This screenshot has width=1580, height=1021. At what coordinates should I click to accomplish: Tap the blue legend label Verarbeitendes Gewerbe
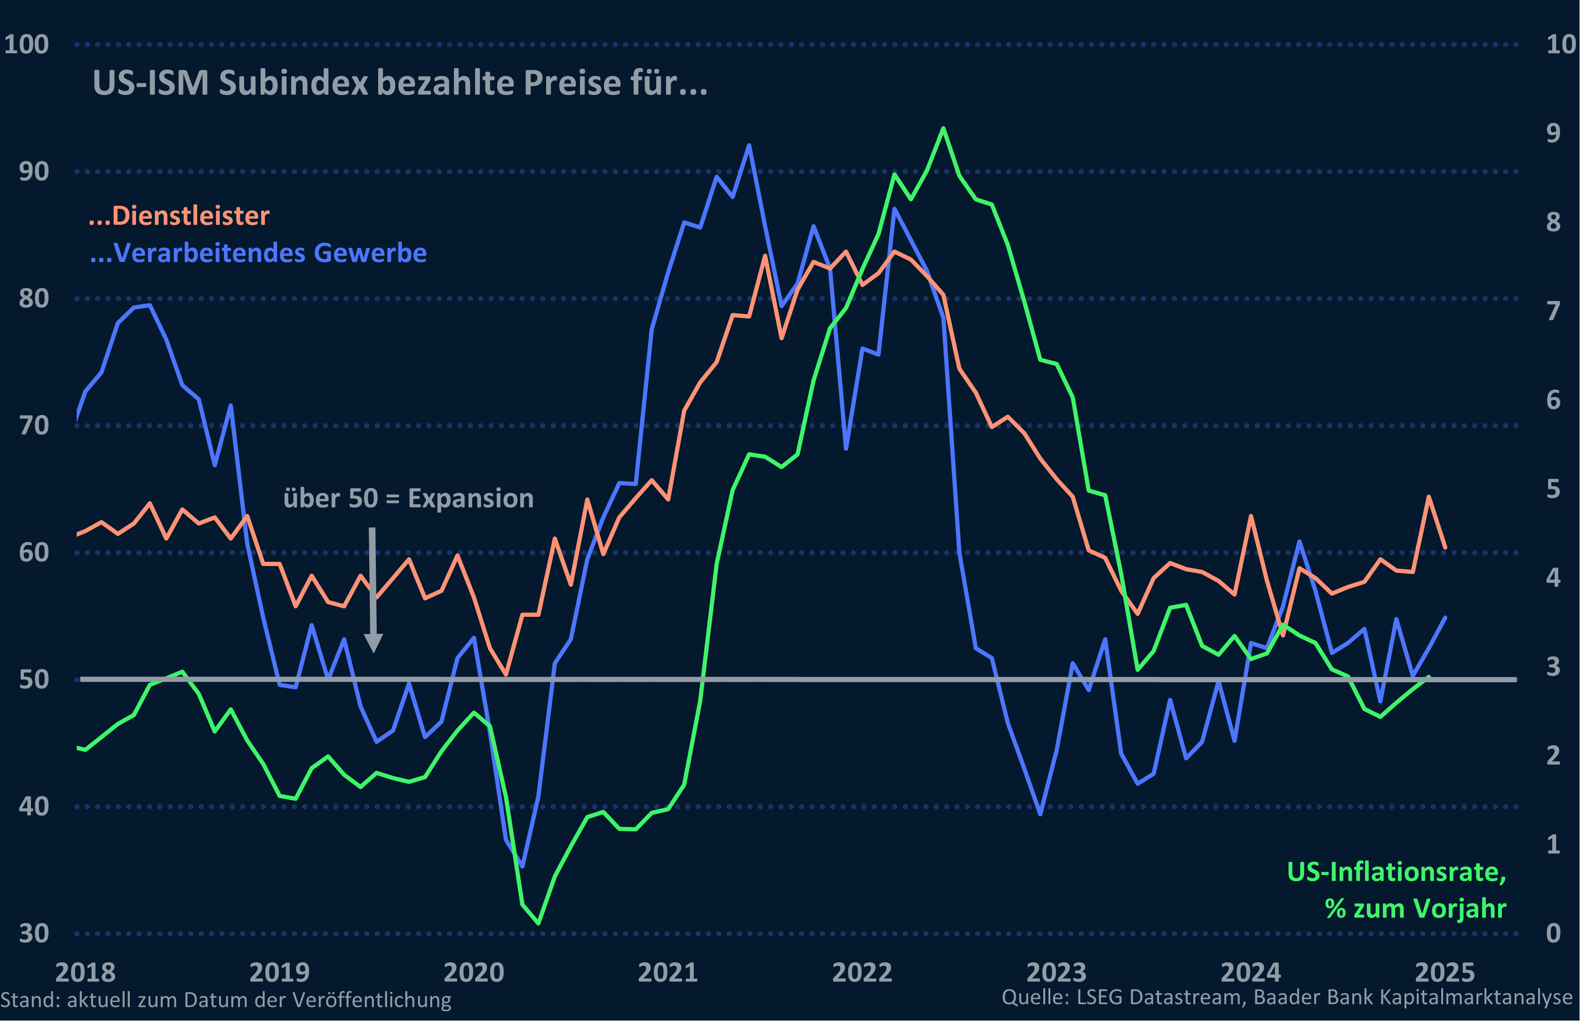click(259, 253)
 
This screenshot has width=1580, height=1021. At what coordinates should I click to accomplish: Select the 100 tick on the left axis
click(26, 44)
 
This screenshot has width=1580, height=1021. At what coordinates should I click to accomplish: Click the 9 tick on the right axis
click(1553, 133)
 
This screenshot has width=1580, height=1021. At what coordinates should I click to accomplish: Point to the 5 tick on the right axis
click(1553, 489)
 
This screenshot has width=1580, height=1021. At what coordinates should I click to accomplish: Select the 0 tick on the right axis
click(1553, 933)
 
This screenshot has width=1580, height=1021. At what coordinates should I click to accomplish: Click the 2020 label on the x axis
click(473, 973)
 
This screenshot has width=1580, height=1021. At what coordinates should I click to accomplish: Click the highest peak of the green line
click(943, 128)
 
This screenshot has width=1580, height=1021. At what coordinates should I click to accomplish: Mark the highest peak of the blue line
click(749, 145)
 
